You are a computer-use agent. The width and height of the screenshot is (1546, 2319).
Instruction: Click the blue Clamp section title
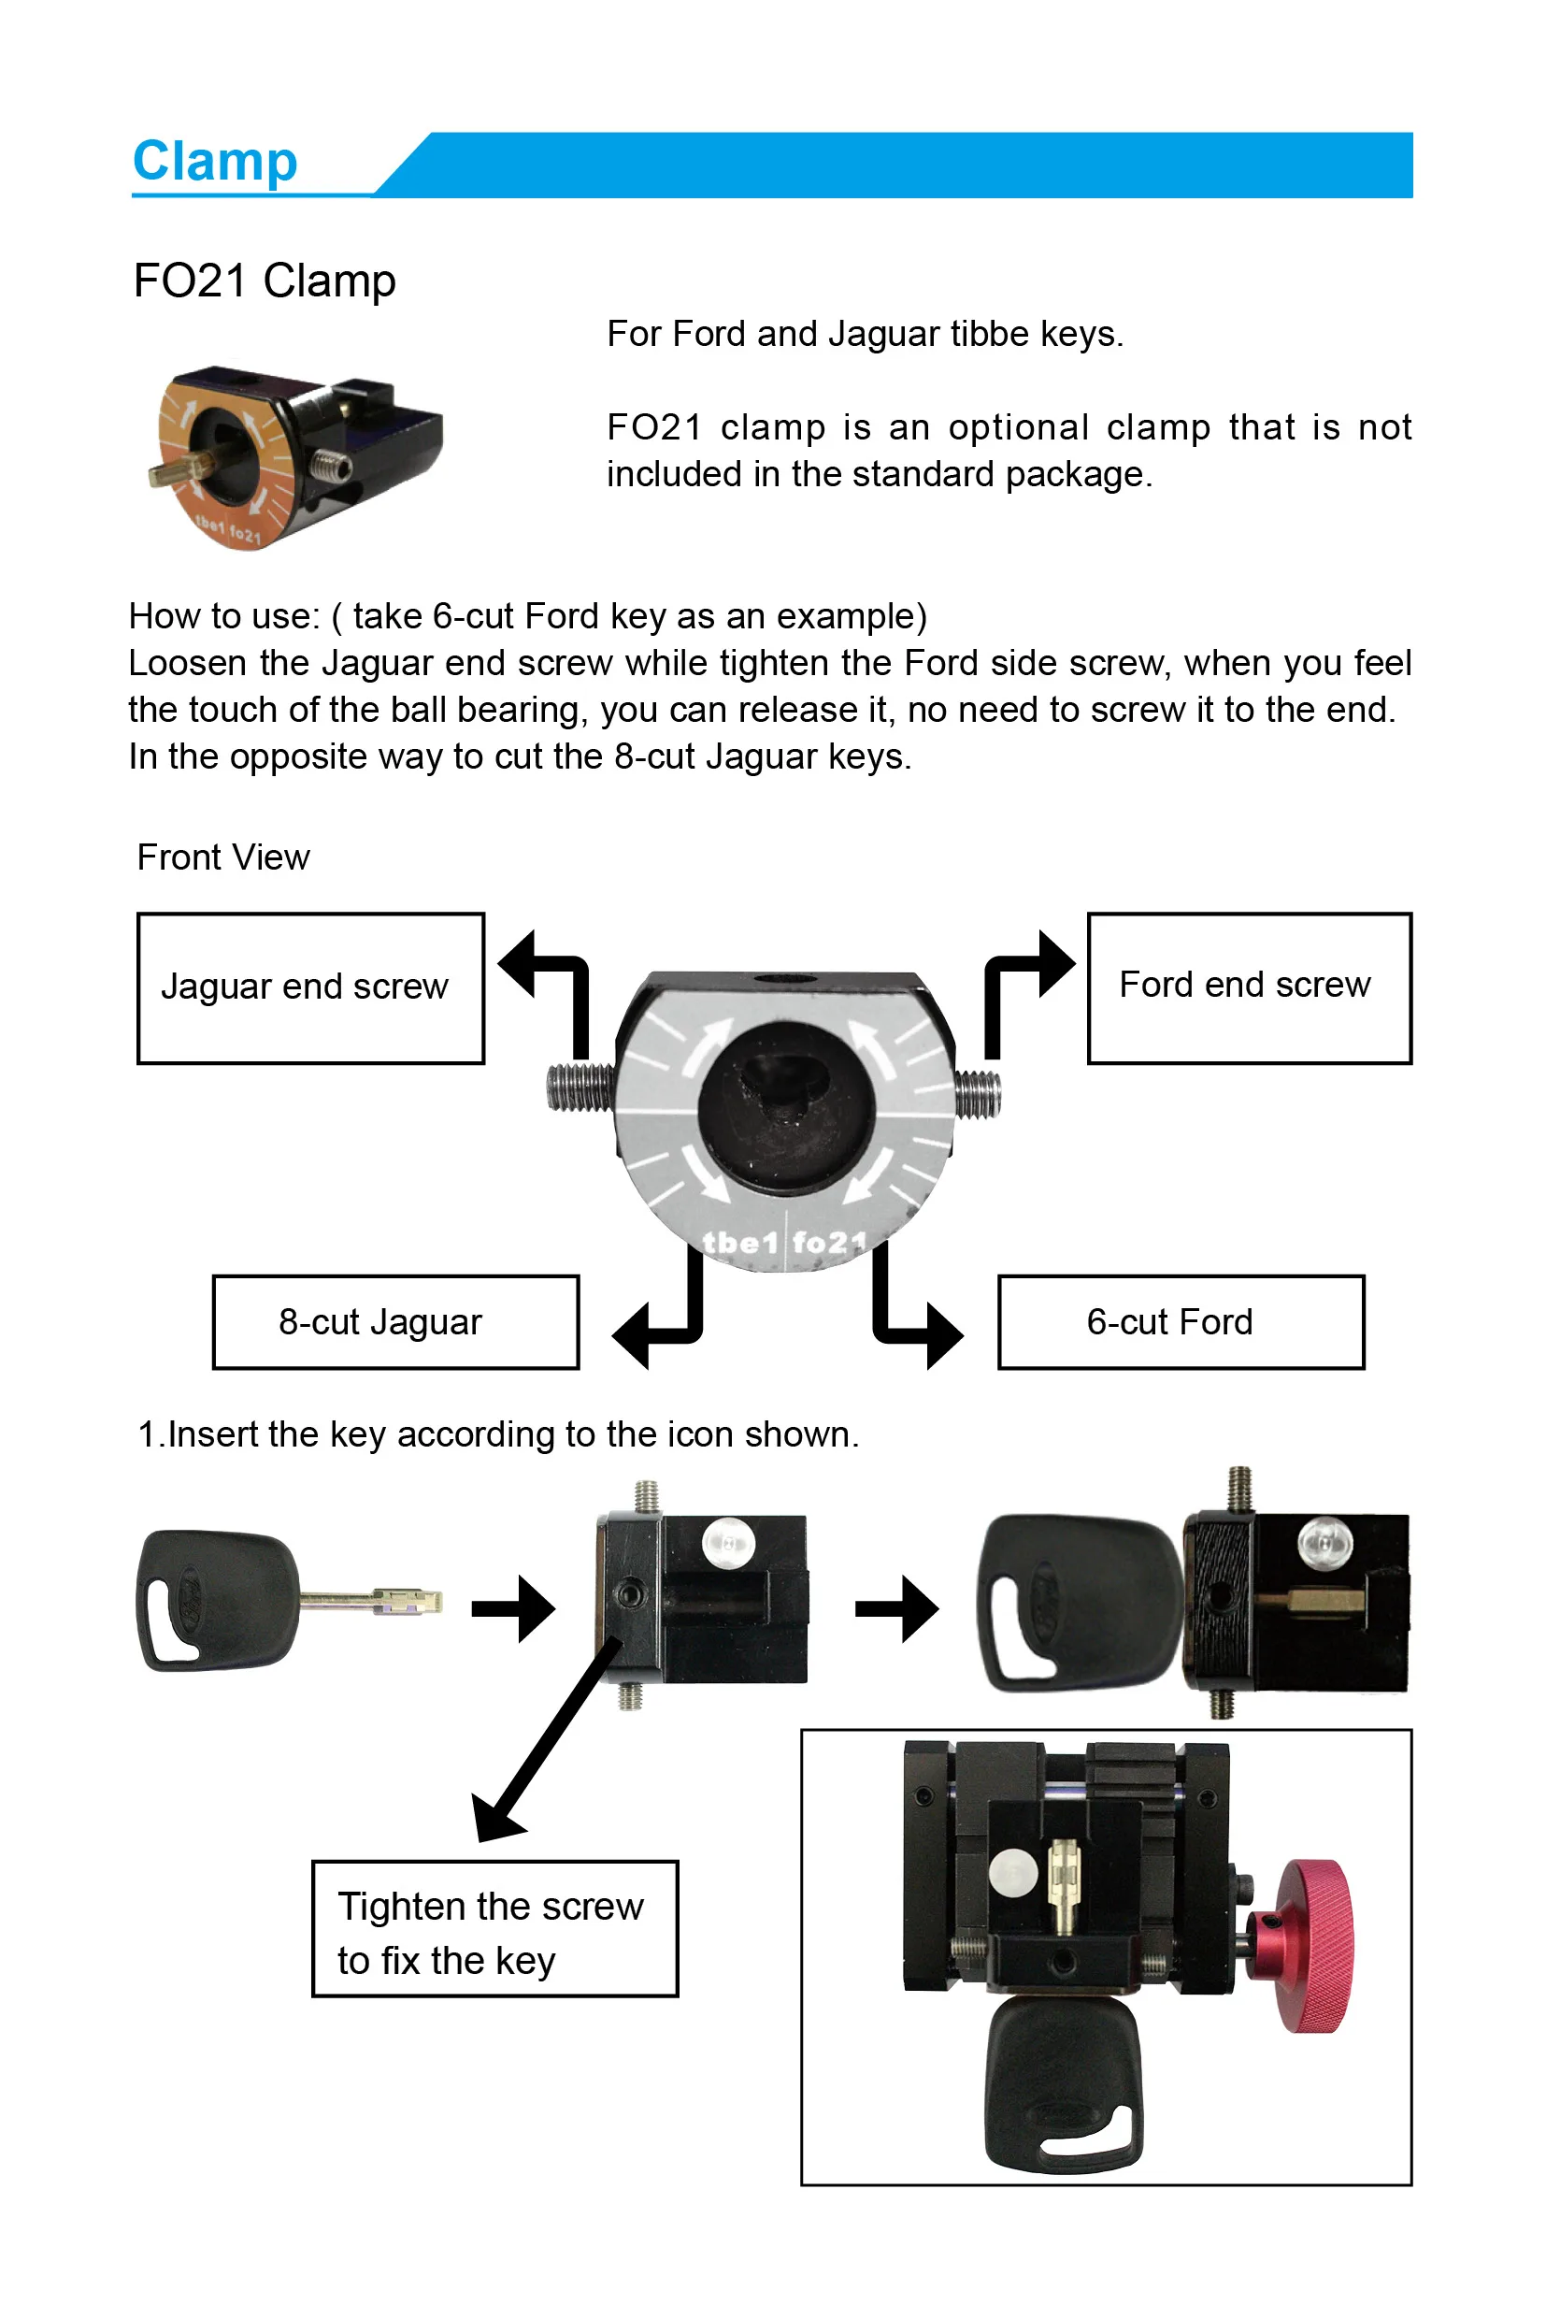coord(215,161)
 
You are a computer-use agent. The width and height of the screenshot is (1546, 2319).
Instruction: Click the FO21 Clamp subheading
coord(265,281)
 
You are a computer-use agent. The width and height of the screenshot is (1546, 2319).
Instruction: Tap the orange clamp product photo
coord(298,455)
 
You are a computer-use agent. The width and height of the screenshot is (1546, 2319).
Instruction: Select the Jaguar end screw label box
coord(310,987)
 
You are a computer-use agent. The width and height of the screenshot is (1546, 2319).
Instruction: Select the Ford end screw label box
coord(1248,987)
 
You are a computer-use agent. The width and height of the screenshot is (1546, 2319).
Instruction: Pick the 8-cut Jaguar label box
coord(395,1322)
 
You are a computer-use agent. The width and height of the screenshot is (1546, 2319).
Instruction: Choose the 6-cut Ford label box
coord(1181,1322)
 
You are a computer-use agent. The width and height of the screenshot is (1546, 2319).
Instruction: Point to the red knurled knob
coord(1312,1945)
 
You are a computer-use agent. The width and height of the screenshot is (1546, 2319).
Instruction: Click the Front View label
coord(223,857)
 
